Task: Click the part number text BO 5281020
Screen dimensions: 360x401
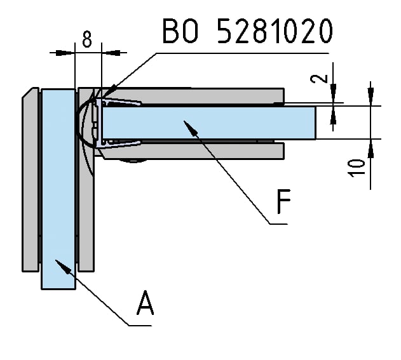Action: [247, 31]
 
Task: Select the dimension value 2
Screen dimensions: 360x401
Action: [323, 79]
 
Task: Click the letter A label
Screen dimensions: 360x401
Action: [146, 303]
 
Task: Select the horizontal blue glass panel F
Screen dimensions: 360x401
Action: [210, 123]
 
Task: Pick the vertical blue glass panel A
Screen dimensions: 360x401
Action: [58, 190]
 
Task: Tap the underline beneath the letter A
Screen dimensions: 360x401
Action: [139, 325]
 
